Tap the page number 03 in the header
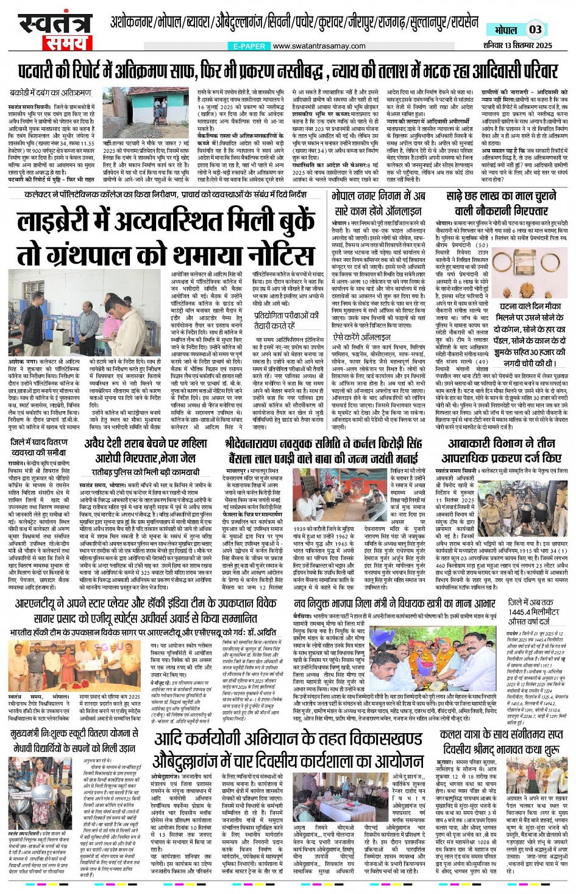point(535,29)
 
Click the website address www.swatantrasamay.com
point(319,46)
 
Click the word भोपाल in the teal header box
point(505,30)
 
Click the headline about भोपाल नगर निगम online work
point(378,203)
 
